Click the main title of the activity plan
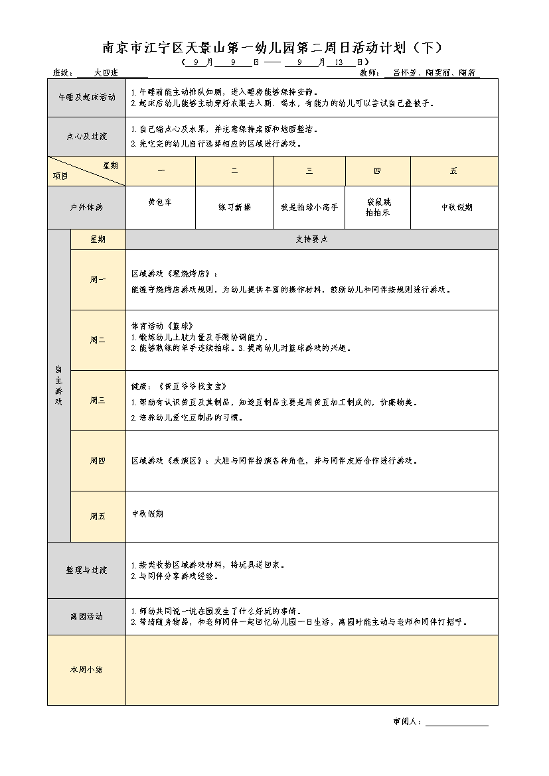pos(272,48)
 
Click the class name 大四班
pos(106,73)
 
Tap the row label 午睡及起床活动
pos(86,97)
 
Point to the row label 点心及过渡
pos(86,136)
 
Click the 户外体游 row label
pos(86,207)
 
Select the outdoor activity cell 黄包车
pos(160,202)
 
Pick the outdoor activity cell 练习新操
pos(234,207)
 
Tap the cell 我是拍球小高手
pos(309,207)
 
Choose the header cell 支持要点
pos(311,239)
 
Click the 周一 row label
pos(98,279)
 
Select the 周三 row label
pos(98,400)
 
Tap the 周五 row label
pos(98,516)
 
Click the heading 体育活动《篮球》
pos(163,326)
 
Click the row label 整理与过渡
pos(86,570)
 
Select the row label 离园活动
pos(86,616)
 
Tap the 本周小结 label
pos(86,670)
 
